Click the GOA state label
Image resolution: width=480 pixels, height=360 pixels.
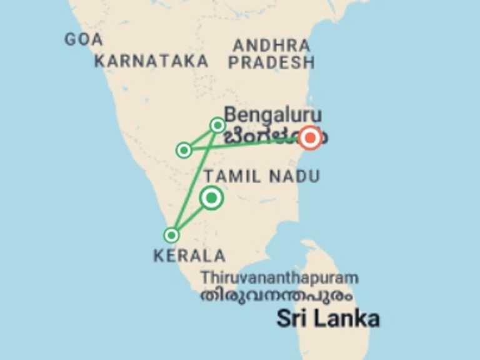(x=83, y=39)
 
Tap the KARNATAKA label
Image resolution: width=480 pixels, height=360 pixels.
(x=151, y=61)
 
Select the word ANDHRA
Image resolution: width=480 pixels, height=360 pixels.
(x=271, y=46)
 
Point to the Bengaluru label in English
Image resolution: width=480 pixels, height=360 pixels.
(x=273, y=115)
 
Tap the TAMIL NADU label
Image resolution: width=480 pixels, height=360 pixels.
(x=262, y=177)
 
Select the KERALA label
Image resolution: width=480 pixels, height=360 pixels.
(x=189, y=255)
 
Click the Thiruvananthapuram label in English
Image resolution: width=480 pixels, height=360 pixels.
(x=279, y=277)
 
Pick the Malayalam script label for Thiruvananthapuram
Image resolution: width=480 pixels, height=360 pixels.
(x=276, y=295)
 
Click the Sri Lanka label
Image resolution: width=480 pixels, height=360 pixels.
(x=327, y=319)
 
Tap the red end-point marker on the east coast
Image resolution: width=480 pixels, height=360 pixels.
(x=310, y=138)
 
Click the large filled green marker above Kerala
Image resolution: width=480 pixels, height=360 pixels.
(x=211, y=198)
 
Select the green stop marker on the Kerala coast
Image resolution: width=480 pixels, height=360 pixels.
(x=171, y=235)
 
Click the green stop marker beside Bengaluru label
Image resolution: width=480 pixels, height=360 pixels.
(x=217, y=125)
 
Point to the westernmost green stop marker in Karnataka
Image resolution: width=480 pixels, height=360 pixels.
(x=184, y=150)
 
